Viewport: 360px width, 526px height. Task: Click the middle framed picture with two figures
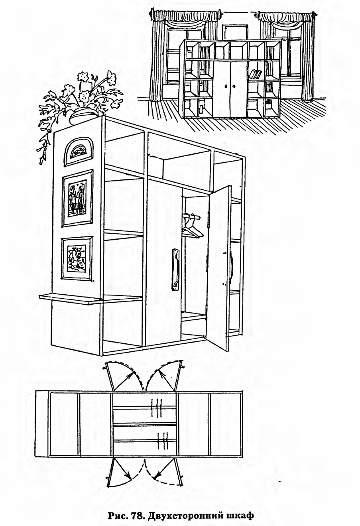[77, 198]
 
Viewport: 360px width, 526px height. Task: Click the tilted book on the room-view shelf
[255, 74]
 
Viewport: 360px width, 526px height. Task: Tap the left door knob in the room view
[226, 87]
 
